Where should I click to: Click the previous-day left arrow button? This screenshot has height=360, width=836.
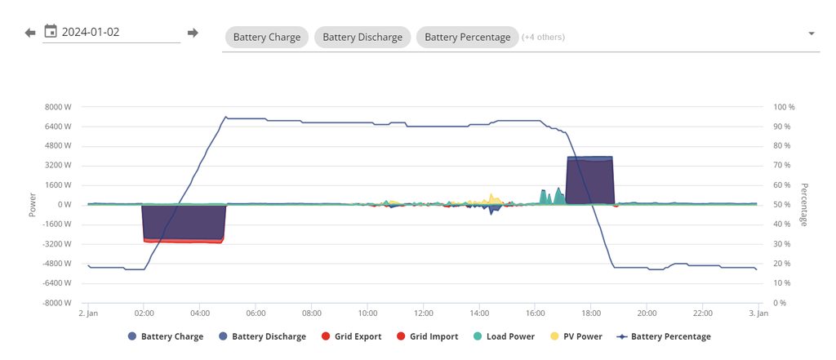(x=30, y=33)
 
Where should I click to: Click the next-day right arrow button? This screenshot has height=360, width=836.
(x=193, y=33)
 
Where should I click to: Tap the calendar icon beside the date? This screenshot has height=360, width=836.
(x=51, y=32)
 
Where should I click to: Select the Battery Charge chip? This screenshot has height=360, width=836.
(x=267, y=37)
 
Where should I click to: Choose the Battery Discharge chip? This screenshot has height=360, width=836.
(x=362, y=37)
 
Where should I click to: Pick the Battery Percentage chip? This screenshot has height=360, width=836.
(x=467, y=37)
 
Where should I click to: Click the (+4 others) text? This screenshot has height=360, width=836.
(x=543, y=37)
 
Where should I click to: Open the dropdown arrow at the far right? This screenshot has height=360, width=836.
(x=812, y=33)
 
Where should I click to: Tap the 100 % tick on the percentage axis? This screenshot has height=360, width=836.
(x=784, y=107)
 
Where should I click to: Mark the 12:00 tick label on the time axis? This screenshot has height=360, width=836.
(x=423, y=313)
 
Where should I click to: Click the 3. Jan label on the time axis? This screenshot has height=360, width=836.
(x=758, y=313)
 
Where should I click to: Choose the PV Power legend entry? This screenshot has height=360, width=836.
(x=576, y=336)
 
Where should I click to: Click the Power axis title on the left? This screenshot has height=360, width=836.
(x=33, y=205)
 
